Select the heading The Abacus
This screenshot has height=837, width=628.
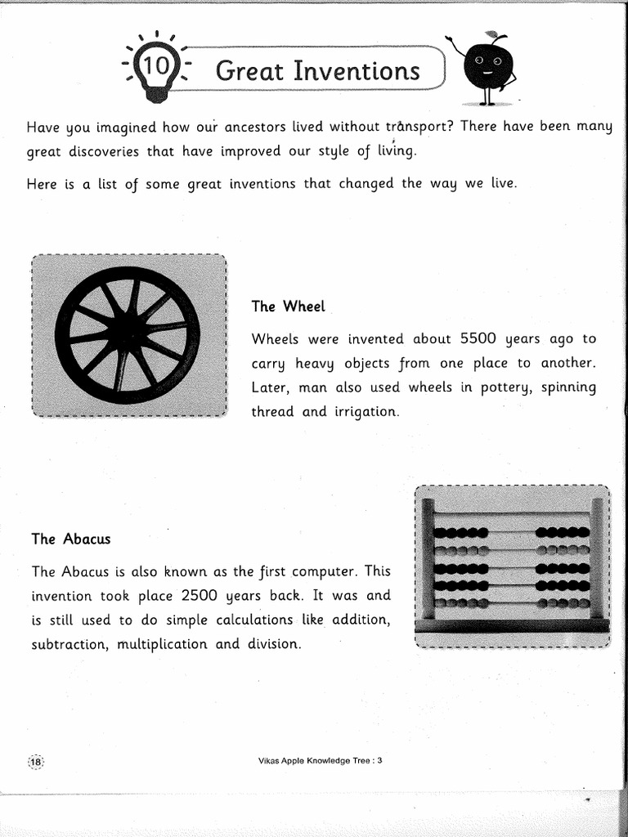coord(70,539)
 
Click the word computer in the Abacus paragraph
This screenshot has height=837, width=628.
coord(314,571)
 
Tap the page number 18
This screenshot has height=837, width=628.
coord(36,761)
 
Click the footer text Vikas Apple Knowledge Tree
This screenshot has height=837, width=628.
coord(315,760)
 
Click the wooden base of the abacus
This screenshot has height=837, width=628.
coord(512,625)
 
